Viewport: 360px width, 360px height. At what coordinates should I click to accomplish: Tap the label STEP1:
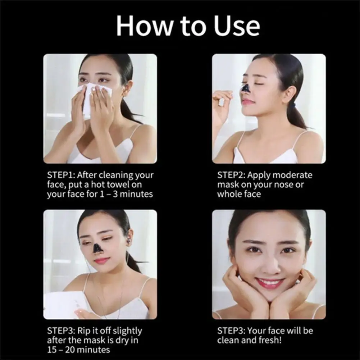coord(61,175)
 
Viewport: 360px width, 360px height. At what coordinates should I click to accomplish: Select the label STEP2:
coord(231,175)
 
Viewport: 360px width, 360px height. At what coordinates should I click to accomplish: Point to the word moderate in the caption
coord(292,175)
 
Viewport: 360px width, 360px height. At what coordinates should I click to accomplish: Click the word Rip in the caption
coord(86,331)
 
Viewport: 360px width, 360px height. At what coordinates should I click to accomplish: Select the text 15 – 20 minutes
coord(78,350)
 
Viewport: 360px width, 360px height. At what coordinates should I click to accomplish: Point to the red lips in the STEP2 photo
coord(248,102)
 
